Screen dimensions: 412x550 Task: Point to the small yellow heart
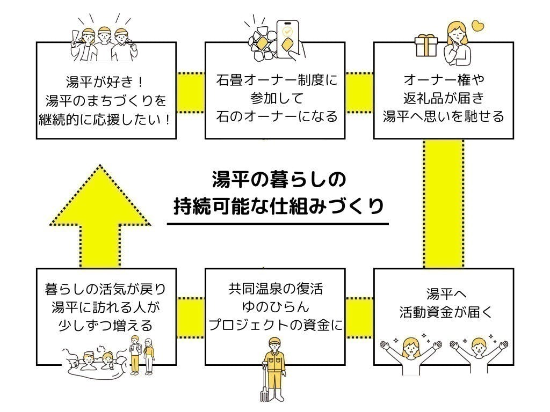coord(477,25)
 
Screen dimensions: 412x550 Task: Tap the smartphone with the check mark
coord(289,38)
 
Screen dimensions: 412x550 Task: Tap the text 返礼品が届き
coord(443,98)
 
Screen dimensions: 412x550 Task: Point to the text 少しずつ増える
coord(106,325)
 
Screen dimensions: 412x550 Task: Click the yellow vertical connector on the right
coord(443,204)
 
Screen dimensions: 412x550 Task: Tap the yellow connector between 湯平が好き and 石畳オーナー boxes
coord(191,90)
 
